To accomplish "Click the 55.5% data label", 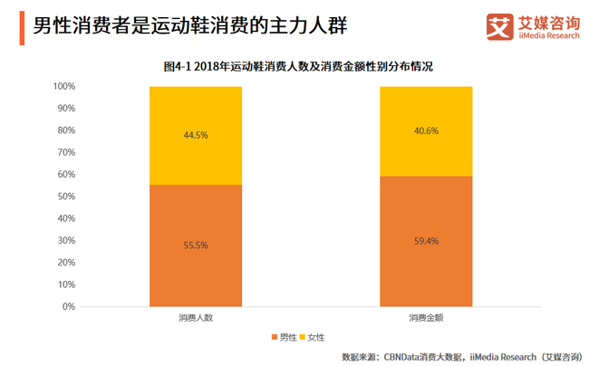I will point(196,246).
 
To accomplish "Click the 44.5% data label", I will point(196,135).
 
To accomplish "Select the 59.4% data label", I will point(426,241).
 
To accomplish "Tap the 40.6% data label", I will point(426,130).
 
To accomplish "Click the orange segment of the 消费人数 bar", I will point(196,272).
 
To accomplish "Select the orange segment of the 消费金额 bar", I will point(426,272).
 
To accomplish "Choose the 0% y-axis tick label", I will point(69,306).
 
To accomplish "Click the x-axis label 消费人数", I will point(196,319).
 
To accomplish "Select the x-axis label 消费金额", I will point(426,319).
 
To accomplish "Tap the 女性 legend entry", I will point(314,338).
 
